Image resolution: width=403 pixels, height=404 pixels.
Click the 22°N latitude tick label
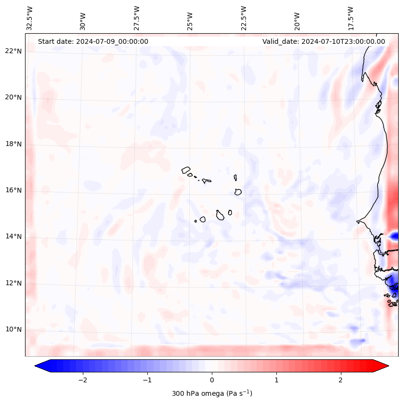13,51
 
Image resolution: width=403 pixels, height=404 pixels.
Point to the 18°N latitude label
13,144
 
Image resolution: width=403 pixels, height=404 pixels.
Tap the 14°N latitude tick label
13,236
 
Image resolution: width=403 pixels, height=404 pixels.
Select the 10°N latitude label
13,329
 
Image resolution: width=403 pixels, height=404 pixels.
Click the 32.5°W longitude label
30,18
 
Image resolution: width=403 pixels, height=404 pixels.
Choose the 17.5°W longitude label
351,18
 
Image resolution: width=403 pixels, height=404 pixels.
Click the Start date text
93,41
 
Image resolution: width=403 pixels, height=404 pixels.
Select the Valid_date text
324,41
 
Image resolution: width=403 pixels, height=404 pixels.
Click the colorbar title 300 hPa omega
212,393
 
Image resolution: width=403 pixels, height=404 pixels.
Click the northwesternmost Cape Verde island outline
186,169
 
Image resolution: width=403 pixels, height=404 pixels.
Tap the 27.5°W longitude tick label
137,18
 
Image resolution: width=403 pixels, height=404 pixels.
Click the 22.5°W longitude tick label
244,18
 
